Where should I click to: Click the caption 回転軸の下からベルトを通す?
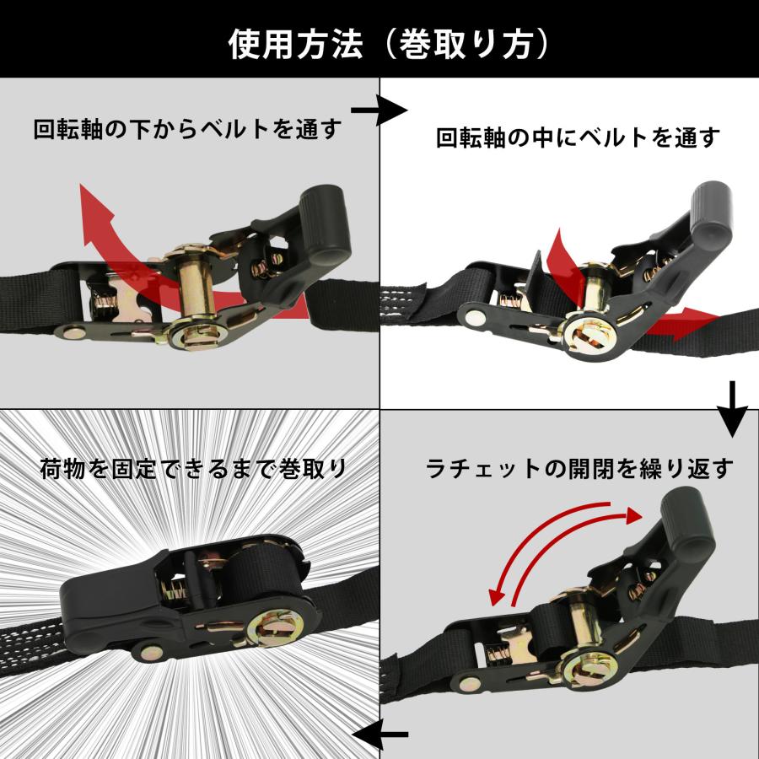187,129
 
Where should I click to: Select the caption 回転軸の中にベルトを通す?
578,137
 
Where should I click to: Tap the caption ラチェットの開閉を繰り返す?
579,466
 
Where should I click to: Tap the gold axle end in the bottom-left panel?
278,631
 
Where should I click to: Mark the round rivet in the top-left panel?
72,331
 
